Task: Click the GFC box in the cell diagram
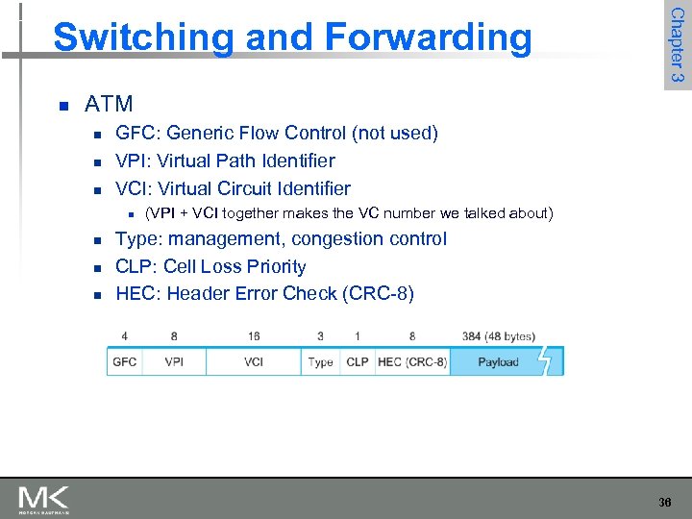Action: (125, 361)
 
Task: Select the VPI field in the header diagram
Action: (174, 361)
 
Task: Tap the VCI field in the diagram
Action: (254, 361)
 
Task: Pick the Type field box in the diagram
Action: (320, 361)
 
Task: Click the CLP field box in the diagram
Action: (357, 361)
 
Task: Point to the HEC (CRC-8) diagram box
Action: (411, 361)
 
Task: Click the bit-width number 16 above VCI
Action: (254, 336)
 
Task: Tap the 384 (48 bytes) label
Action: (498, 336)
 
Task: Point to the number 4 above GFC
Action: (125, 336)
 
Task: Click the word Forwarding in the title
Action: (428, 37)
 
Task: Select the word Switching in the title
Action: (143, 37)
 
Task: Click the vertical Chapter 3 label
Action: (677, 44)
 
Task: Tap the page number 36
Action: (665, 502)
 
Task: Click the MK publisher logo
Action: (43, 499)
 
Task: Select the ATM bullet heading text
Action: (109, 104)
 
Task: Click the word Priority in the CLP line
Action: (275, 266)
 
